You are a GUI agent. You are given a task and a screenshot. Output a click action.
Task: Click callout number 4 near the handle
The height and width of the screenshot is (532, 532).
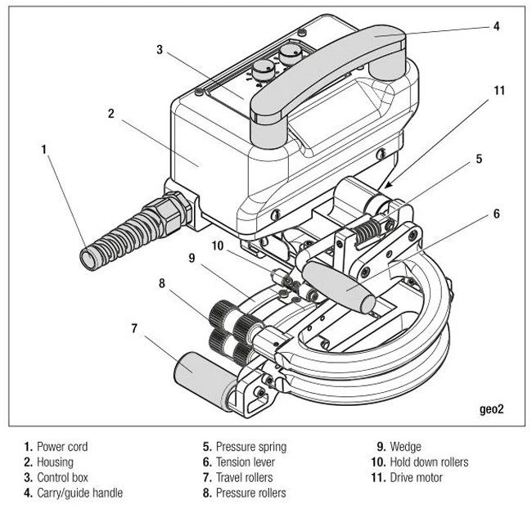pos(496,26)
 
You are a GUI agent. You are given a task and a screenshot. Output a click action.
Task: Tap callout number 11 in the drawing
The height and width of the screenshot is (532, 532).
pos(499,91)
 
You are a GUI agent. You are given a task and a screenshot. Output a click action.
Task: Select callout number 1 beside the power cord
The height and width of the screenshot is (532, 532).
pos(43,149)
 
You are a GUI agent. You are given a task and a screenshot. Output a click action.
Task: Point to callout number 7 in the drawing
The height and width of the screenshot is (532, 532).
pos(134,328)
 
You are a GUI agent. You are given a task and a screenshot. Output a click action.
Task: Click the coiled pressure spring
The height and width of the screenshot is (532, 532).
pos(367,231)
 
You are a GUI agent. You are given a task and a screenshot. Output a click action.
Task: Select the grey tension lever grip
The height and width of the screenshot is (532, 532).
pos(340,287)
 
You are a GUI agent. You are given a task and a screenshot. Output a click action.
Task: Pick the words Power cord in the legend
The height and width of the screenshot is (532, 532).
pos(62,447)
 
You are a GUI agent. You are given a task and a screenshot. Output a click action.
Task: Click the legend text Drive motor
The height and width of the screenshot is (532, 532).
pos(417,477)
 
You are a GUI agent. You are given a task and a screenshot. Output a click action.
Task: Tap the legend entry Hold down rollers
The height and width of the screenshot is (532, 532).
pos(429,462)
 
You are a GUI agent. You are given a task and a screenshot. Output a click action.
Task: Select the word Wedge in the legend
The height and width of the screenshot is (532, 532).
pos(405,447)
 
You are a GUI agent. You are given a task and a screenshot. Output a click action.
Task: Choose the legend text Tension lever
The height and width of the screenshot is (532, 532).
pos(246,462)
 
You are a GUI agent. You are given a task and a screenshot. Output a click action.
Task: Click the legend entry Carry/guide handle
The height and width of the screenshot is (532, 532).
pos(79,493)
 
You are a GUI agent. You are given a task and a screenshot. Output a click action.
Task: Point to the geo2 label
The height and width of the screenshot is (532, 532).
pos(492,409)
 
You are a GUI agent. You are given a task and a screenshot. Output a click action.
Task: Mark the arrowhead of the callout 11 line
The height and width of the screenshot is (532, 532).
pos(387,185)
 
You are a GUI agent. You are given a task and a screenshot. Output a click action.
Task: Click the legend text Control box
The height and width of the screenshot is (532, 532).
pos(62,477)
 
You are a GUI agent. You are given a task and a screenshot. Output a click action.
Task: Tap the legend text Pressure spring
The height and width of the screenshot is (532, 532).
pos(251,447)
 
